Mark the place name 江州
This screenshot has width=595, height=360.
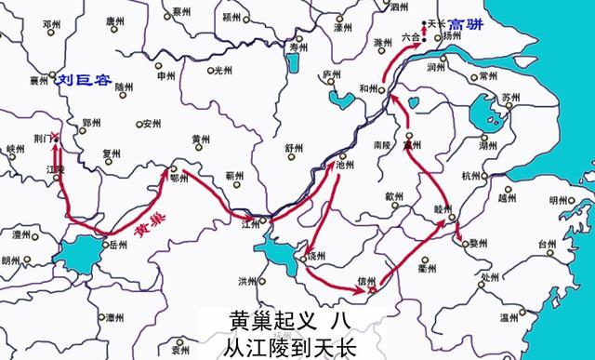pos(250,224)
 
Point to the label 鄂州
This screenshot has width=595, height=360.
pos(179,178)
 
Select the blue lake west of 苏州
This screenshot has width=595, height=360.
pos(483,117)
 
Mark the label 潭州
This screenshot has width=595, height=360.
pos(114,318)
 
